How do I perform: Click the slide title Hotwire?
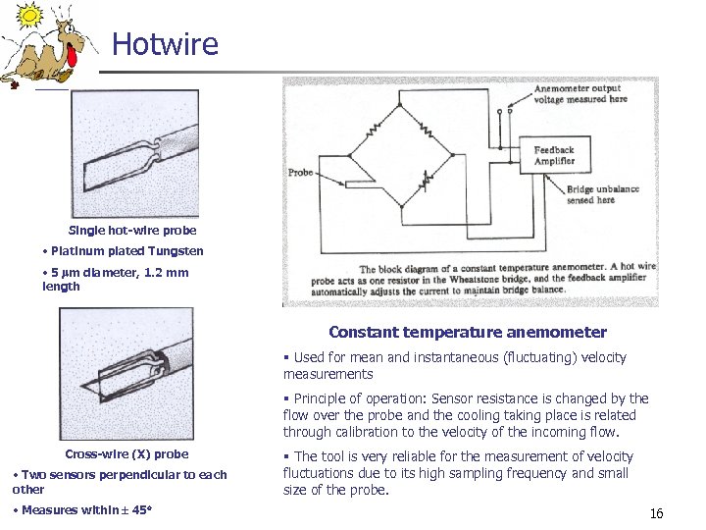[165, 44]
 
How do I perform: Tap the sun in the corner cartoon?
[30, 15]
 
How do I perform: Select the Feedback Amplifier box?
[554, 155]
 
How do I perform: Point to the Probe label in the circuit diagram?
[300, 173]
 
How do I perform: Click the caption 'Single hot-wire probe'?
[132, 230]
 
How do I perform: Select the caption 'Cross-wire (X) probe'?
[126, 453]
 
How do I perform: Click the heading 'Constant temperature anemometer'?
[468, 333]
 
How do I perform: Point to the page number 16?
[656, 513]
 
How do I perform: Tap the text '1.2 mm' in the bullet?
[167, 273]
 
